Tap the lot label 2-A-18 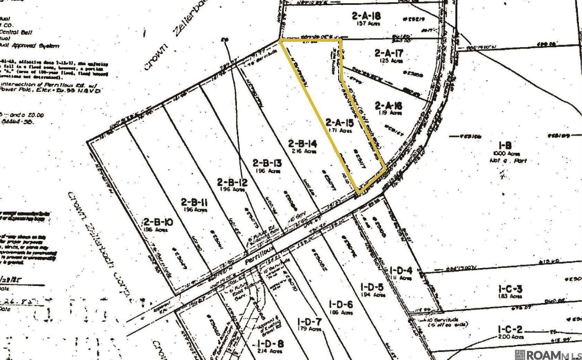point(366,16)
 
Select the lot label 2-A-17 point(389,53)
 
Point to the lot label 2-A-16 point(389,106)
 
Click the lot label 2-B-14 point(302,143)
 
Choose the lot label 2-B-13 point(267,163)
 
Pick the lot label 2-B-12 point(232,182)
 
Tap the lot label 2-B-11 point(194,202)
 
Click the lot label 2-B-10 point(158,222)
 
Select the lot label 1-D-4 point(401,270)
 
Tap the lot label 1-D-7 point(309,322)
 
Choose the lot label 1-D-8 point(271,344)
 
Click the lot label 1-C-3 point(510,289)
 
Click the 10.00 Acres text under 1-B point(506,154)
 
